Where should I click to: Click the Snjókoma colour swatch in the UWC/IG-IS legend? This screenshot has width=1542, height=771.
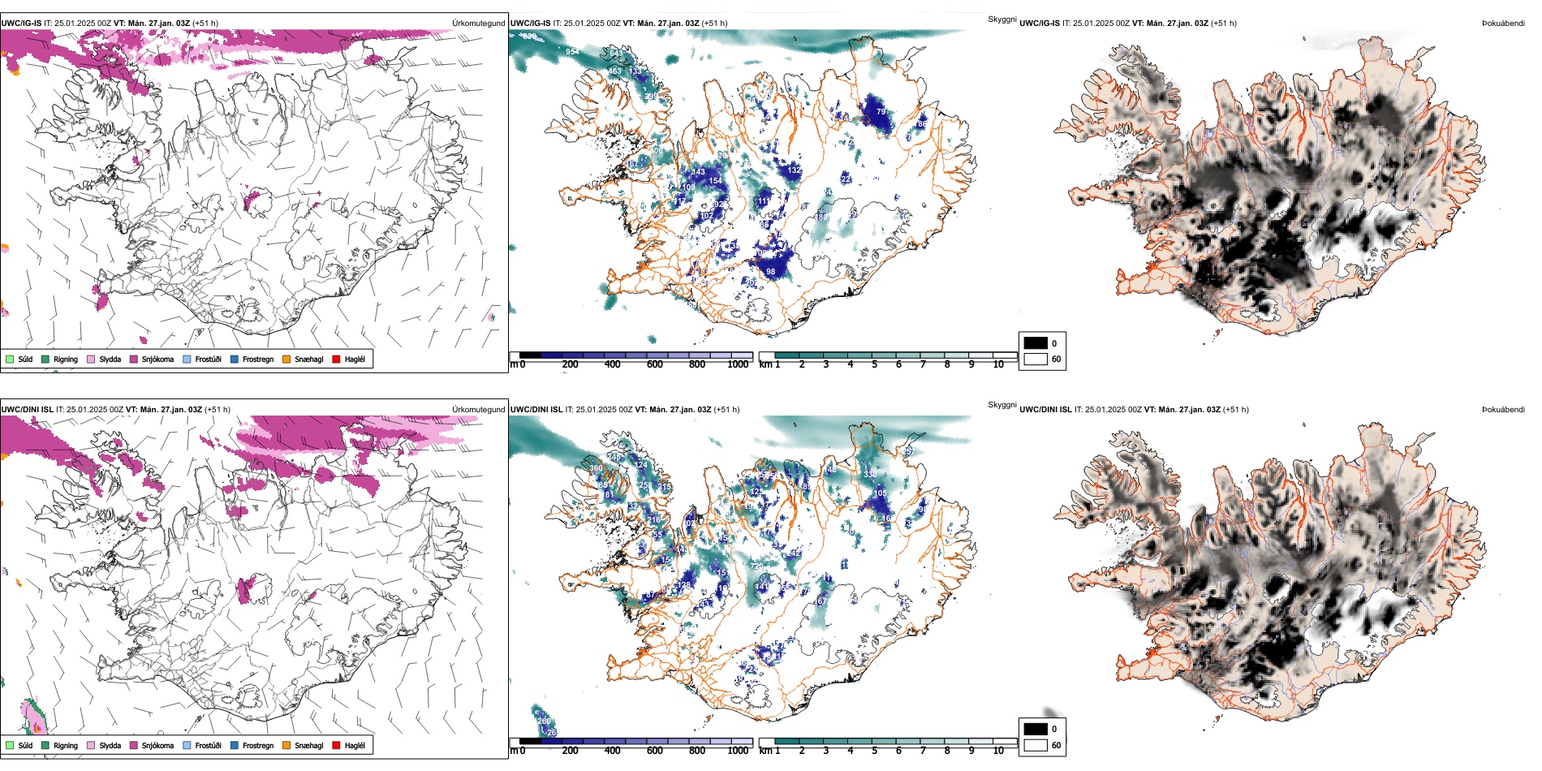[x=134, y=359]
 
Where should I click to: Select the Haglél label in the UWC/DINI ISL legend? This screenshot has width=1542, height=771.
[x=355, y=745]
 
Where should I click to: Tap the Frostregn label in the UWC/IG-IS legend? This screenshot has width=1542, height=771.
[x=257, y=359]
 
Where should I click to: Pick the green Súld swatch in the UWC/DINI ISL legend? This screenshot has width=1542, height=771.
[x=10, y=745]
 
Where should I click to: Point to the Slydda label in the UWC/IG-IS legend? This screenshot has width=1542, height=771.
[x=110, y=359]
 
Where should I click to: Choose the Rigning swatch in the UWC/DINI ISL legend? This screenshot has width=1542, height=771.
[x=45, y=745]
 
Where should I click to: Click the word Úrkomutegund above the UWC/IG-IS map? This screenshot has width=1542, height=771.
[x=478, y=24]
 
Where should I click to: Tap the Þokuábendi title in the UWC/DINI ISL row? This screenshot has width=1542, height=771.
[x=1502, y=410]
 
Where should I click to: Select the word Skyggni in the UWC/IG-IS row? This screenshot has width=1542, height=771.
[x=1001, y=19]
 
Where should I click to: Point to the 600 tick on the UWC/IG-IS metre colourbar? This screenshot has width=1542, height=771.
[x=654, y=364]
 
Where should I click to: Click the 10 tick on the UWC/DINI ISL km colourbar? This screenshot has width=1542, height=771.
[x=998, y=751]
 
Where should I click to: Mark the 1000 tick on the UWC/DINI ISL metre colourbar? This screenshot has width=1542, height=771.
[x=738, y=751]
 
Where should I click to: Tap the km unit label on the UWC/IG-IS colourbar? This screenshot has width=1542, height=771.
[x=765, y=364]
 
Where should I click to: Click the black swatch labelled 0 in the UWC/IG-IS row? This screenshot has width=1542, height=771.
[x=1036, y=343]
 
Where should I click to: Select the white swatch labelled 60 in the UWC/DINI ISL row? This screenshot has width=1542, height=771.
[x=1036, y=745]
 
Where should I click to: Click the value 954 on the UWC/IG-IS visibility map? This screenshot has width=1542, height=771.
[x=572, y=52]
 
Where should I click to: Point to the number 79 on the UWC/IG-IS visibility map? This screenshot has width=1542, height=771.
[x=881, y=112]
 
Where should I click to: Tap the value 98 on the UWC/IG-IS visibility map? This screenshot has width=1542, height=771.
[x=770, y=272]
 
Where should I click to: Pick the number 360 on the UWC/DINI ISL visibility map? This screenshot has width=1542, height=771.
[x=597, y=468]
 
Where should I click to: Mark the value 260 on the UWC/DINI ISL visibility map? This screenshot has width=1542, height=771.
[x=544, y=721]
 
